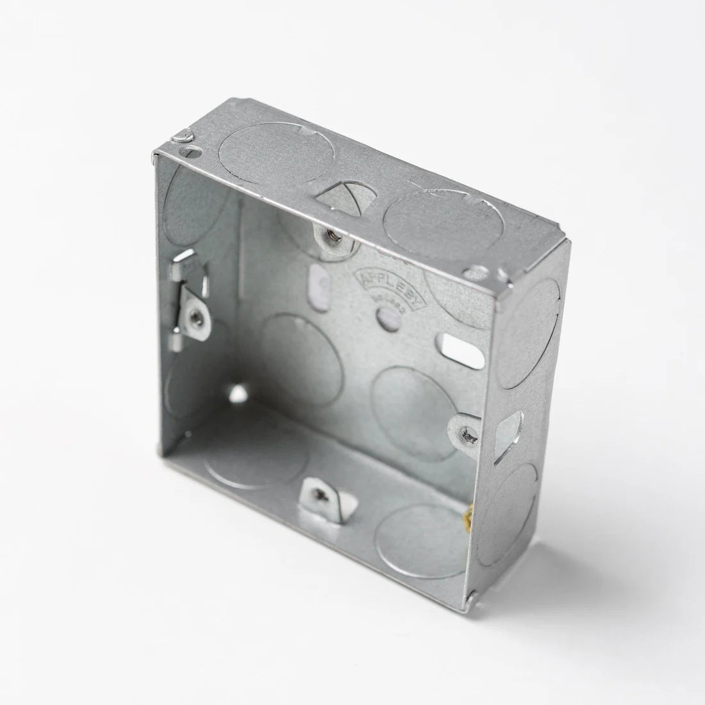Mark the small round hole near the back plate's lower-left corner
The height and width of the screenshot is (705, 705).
(239, 392)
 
